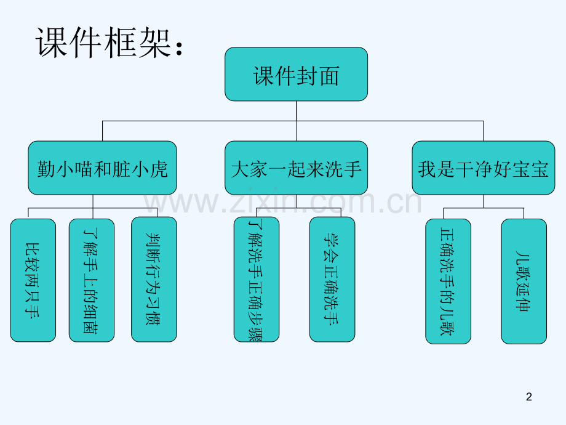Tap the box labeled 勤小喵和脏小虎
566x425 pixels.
click(102, 168)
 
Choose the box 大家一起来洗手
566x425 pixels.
click(296, 168)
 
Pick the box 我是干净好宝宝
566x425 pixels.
click(483, 168)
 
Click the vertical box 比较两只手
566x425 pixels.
click(33, 280)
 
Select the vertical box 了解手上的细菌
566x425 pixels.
click(91, 280)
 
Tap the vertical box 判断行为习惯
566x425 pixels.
click(154, 280)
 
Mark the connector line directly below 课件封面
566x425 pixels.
click(296, 111)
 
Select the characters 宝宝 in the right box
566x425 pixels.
click(529, 169)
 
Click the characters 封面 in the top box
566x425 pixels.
click(320, 75)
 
